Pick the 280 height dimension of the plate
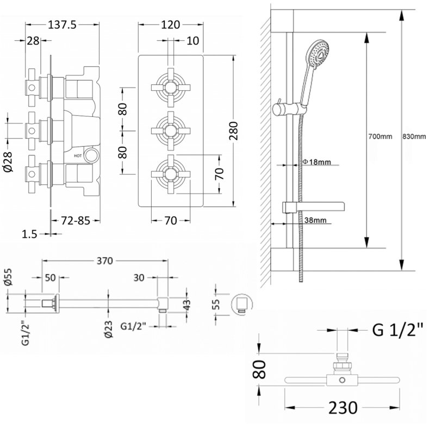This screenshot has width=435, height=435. tap(234, 130)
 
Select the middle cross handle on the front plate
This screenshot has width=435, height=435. tap(170, 130)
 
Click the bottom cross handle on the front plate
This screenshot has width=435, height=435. tap(170, 174)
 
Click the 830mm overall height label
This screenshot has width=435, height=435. tap(415, 136)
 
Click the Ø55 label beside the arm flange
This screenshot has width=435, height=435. tap(7, 277)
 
